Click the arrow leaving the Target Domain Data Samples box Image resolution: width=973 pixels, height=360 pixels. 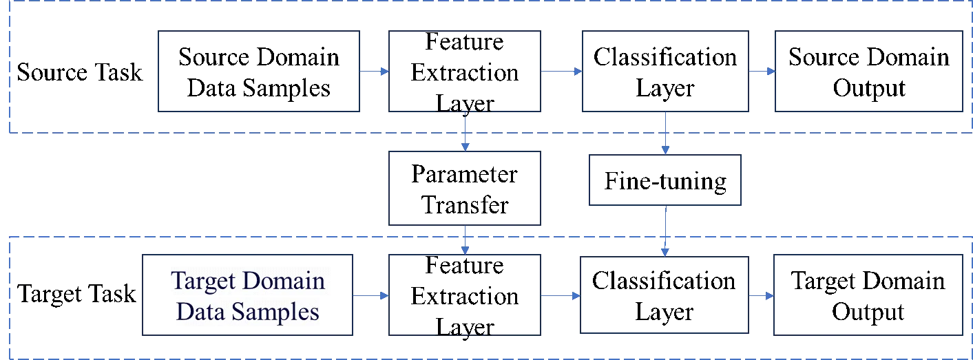click(x=372, y=295)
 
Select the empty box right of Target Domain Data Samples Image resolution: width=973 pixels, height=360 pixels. click(x=466, y=294)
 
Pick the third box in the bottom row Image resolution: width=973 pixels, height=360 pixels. click(x=664, y=294)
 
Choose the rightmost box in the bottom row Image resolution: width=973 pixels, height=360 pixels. click(x=867, y=294)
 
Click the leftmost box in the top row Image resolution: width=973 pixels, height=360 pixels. click(x=260, y=71)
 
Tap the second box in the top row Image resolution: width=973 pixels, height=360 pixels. click(x=466, y=71)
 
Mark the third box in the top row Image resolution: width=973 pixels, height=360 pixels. click(x=664, y=71)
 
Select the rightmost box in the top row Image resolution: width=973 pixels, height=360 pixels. click(x=867, y=71)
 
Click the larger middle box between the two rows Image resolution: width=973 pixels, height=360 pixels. click(x=466, y=187)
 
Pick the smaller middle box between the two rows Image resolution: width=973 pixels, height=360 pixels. click(x=667, y=181)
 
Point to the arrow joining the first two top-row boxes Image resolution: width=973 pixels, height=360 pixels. click(x=375, y=71)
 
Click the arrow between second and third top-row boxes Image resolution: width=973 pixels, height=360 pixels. click(x=562, y=70)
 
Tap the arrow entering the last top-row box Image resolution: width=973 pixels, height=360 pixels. click(x=761, y=71)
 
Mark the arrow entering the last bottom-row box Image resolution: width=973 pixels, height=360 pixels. click(x=761, y=295)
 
